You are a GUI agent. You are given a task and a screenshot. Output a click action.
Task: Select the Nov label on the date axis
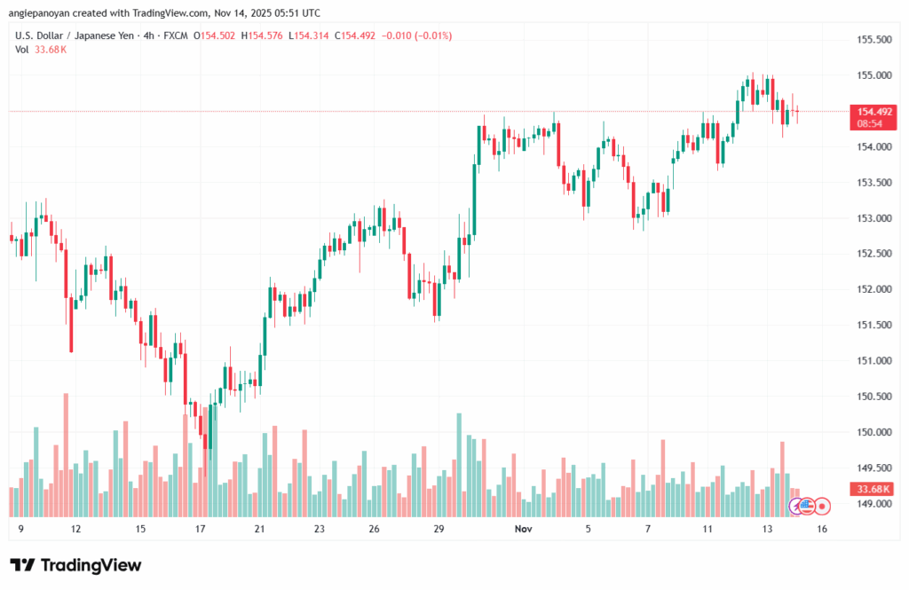tap(524, 529)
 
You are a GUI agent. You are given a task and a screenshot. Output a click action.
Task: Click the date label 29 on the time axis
tap(439, 529)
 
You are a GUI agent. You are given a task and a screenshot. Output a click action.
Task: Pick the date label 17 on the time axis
tap(201, 529)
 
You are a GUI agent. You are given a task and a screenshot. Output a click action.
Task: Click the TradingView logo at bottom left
tap(75, 565)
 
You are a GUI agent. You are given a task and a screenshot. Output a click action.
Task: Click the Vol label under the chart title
tap(22, 50)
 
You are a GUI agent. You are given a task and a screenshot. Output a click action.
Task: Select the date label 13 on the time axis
tap(766, 529)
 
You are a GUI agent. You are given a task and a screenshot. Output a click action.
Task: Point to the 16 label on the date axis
tap(823, 529)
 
